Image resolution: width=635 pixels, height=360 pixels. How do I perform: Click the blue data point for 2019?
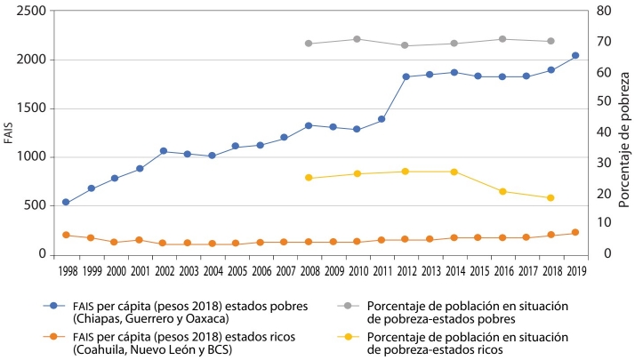575,56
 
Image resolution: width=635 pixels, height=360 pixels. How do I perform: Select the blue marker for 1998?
66,203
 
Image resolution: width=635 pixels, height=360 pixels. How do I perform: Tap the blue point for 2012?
406,76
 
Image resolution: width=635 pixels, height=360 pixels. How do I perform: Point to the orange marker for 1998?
66,235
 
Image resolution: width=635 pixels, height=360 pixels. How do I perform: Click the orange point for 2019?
575,233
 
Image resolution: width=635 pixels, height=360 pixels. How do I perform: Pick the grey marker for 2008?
309,44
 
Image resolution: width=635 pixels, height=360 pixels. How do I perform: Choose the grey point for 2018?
551,41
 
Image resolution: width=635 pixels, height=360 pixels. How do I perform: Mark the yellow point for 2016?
502,191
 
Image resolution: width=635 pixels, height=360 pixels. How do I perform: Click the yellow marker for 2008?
309,178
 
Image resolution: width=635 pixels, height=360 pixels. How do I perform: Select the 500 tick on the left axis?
36,205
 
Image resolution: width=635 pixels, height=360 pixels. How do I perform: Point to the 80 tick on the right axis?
603,12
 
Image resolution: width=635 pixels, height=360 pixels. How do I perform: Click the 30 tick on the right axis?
603,163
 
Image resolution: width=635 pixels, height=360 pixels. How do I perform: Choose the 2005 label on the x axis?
236,268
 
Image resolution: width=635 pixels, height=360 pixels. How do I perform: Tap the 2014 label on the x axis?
454,268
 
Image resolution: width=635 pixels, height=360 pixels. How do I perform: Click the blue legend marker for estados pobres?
55,305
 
